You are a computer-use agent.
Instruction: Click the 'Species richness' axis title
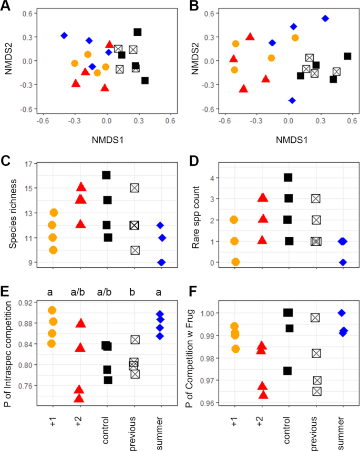(7, 216)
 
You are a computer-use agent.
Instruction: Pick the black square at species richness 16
(106, 175)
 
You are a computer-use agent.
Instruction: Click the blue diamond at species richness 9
(162, 262)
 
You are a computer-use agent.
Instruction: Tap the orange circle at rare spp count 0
(235, 262)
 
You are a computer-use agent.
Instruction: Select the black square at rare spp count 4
(288, 177)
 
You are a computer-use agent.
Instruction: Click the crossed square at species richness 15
(135, 187)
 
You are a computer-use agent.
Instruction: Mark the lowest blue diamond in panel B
(292, 100)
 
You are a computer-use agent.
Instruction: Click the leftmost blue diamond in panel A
(64, 36)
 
